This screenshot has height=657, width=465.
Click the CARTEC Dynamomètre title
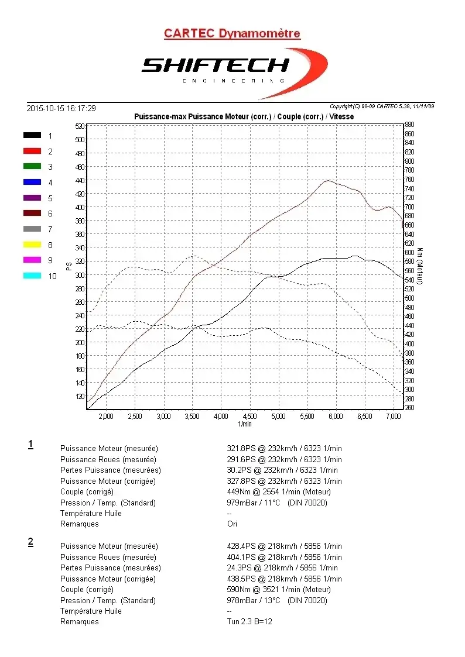tap(232, 33)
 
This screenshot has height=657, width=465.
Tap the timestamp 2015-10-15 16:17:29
tap(61, 108)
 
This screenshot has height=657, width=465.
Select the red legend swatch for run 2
tap(32, 151)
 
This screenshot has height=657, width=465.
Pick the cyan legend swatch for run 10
tap(32, 276)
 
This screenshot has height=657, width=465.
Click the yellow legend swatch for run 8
tap(32, 245)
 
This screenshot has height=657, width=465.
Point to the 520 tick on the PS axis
tap(80, 126)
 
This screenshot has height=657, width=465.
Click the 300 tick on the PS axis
tap(80, 275)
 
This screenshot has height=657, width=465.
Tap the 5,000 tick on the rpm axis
tap(279, 417)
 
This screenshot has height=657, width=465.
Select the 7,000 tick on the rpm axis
tap(394, 417)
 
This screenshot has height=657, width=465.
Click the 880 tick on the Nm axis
tap(409, 124)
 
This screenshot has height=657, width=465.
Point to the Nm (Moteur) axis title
tap(420, 266)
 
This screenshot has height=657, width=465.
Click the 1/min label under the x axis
tap(245, 424)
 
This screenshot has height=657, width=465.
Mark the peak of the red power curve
tap(328, 180)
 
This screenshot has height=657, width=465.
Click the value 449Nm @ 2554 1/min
tap(279, 492)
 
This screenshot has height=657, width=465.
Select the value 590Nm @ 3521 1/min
tap(279, 590)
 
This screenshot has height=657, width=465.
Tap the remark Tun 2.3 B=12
tap(249, 622)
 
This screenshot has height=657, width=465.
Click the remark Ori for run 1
tap(232, 524)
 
